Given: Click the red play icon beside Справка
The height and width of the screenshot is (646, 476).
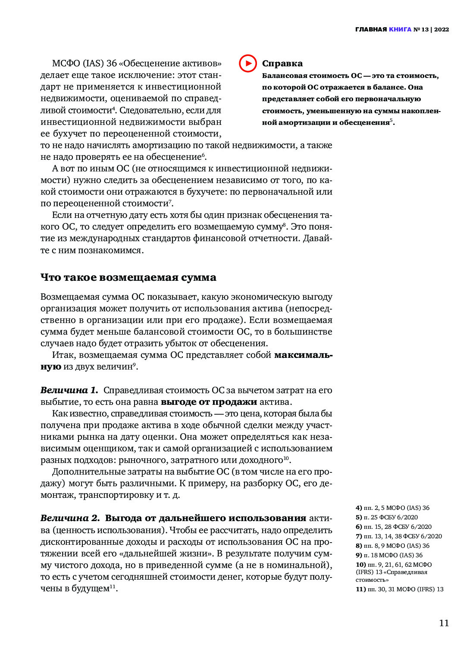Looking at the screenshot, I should [x=248, y=63].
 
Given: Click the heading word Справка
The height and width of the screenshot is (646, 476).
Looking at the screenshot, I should [x=282, y=64].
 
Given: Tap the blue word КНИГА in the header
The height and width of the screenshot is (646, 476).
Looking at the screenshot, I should [x=400, y=30].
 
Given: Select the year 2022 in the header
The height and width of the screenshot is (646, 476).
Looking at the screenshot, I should [x=442, y=30].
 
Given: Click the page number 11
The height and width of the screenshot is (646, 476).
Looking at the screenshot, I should [x=444, y=623].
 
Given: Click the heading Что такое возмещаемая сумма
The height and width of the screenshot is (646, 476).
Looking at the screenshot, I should [x=128, y=277].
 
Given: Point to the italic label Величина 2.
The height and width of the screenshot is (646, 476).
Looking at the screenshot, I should [x=70, y=518].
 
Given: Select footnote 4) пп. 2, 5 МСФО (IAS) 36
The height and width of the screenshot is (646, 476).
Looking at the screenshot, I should [x=392, y=508].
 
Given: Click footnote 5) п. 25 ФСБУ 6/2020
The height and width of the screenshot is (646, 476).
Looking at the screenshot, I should [x=387, y=517].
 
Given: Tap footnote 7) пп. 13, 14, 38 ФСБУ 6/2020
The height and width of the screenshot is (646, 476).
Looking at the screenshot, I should [x=399, y=536].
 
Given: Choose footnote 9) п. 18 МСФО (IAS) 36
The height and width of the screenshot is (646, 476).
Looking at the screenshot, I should [x=389, y=555].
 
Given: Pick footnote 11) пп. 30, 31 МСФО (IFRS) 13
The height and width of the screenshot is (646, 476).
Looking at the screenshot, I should [x=399, y=589].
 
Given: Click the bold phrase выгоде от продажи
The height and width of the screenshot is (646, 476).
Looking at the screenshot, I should [x=209, y=402].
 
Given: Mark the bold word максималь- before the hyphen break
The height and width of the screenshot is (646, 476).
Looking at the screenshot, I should [x=303, y=355].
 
